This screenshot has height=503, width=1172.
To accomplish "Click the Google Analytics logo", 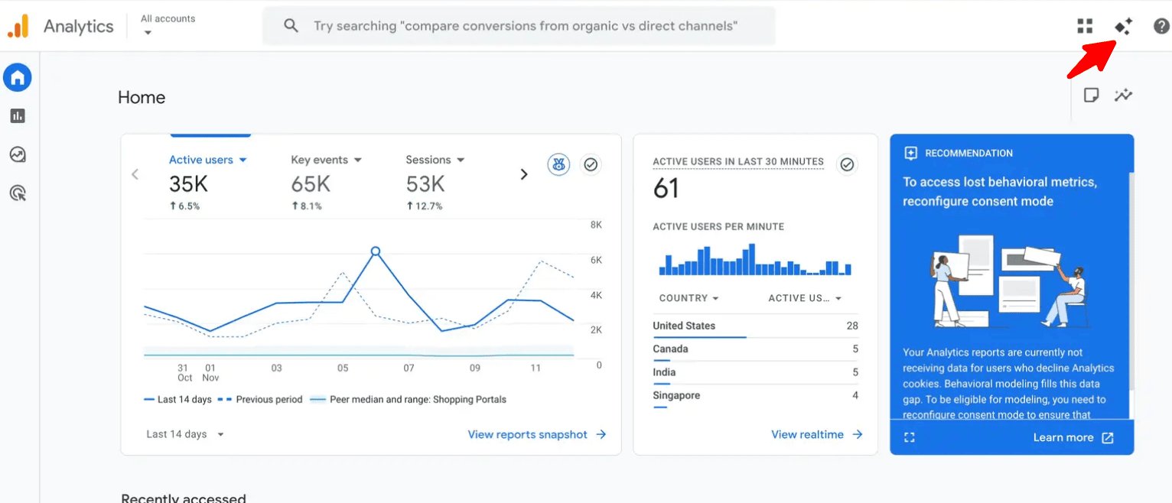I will [x=18, y=26].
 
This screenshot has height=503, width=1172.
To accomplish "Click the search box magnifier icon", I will [x=291, y=26].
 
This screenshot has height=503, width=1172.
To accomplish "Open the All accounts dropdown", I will [x=168, y=25].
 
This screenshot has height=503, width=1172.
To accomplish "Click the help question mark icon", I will [x=1161, y=26].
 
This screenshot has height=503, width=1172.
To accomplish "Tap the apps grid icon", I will [x=1085, y=26].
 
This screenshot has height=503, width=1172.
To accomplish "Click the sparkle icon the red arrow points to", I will [x=1123, y=26].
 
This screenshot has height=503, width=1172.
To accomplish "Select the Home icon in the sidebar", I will [x=18, y=77].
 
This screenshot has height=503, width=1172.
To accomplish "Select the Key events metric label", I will [x=319, y=160].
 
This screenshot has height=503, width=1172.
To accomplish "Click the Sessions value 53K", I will [x=425, y=184].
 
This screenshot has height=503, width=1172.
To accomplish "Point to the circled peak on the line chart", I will [x=375, y=251].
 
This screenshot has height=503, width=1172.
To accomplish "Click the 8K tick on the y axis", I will [x=596, y=226].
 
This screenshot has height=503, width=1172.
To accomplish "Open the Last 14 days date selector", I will [x=185, y=434].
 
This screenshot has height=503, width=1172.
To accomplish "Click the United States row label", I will [x=684, y=326].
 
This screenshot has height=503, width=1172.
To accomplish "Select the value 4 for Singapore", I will [x=855, y=395].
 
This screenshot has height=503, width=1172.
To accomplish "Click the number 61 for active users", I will [x=666, y=188].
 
